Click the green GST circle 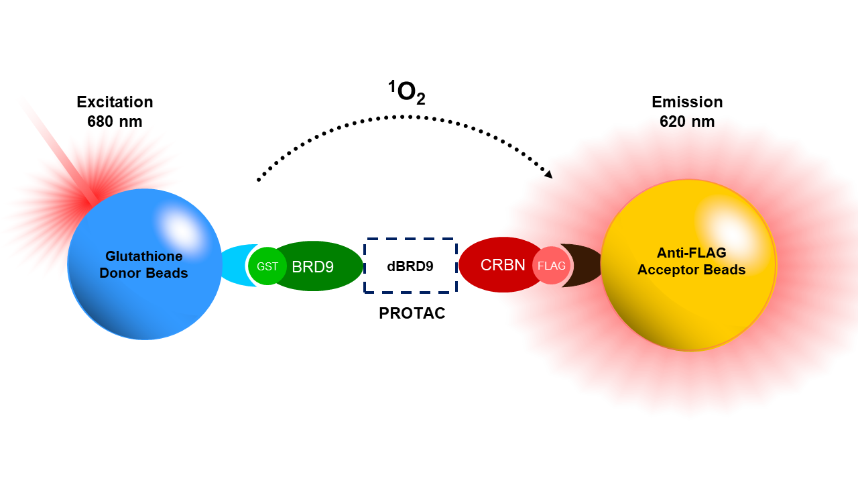(267, 266)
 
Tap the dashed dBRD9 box (410, 239)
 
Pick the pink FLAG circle (551, 266)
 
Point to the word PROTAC (412, 313)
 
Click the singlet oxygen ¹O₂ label (406, 93)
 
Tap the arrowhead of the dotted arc (549, 174)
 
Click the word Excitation (115, 102)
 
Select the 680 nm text (115, 121)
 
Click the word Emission (687, 102)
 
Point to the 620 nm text (687, 121)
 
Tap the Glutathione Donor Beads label (143, 264)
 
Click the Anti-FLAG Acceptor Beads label (691, 261)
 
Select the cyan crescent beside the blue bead (235, 265)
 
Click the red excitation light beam (58, 150)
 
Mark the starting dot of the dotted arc (259, 180)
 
